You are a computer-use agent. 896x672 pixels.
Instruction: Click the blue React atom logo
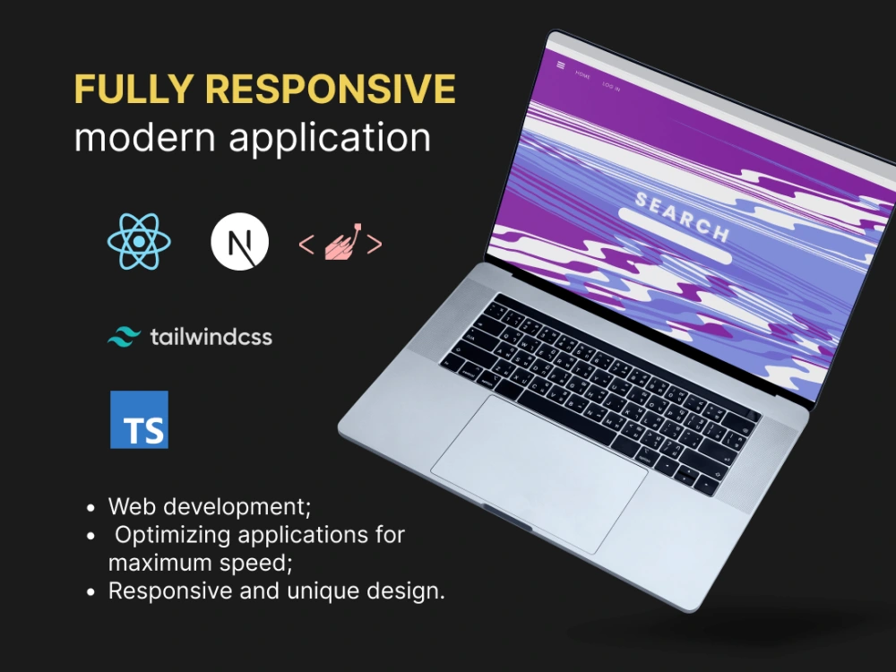click(139, 243)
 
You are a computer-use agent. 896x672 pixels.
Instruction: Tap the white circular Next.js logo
click(239, 243)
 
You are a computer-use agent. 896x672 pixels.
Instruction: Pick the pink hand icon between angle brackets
click(340, 244)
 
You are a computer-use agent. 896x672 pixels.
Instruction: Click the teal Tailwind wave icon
click(125, 338)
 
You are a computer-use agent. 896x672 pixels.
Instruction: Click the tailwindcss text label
click(211, 338)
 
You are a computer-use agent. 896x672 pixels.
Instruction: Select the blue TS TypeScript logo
click(139, 419)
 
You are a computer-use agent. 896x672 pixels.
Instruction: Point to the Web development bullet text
click(210, 506)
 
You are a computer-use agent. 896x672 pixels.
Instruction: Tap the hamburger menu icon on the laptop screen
click(561, 65)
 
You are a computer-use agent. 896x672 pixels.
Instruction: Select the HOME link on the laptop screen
click(583, 74)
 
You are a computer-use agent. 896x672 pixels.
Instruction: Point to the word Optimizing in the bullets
click(170, 535)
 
